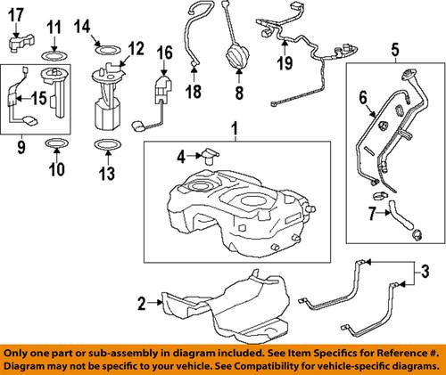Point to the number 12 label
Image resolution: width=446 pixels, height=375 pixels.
tap(135, 47)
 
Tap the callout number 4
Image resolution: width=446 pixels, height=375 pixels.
tap(181, 156)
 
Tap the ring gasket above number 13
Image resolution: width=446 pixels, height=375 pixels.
tap(106, 146)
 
